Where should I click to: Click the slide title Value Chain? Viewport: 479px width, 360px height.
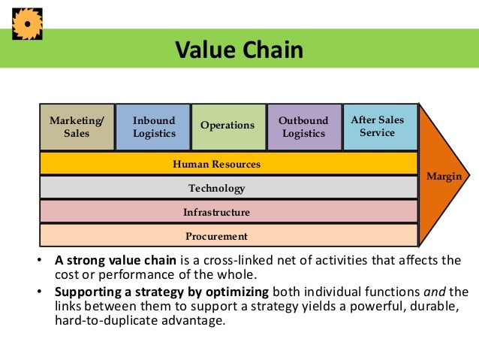point(239,50)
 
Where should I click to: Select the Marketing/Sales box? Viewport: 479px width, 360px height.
point(77,127)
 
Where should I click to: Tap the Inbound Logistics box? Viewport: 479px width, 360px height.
point(154,127)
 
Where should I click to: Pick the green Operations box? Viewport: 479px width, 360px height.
point(227,126)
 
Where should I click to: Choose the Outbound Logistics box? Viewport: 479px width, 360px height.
point(303,127)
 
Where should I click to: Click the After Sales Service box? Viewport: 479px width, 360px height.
point(378,126)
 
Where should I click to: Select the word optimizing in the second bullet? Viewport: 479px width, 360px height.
point(234,292)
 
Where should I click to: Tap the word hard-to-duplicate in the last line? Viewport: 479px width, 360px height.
point(102,320)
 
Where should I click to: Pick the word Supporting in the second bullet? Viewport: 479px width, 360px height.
point(86,292)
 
